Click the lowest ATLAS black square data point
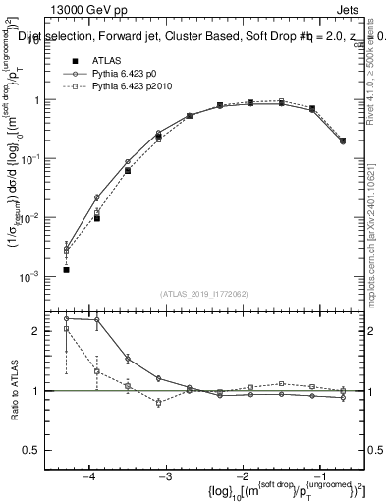point(66,269)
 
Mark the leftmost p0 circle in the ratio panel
point(66,318)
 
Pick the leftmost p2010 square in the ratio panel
point(66,329)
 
